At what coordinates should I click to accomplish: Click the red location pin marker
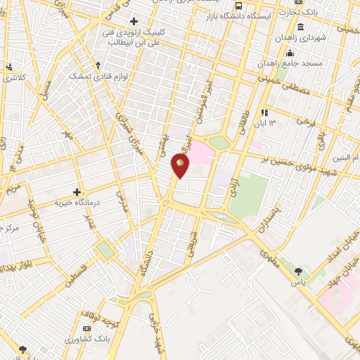pyautogui.click(x=181, y=165)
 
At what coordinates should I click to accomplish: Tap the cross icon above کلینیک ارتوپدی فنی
pyautogui.click(x=134, y=22)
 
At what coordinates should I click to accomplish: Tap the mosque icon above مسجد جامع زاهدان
pyautogui.click(x=290, y=53)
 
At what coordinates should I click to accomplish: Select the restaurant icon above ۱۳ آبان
pyautogui.click(x=264, y=112)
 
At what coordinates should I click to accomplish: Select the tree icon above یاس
pyautogui.click(x=300, y=271)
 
